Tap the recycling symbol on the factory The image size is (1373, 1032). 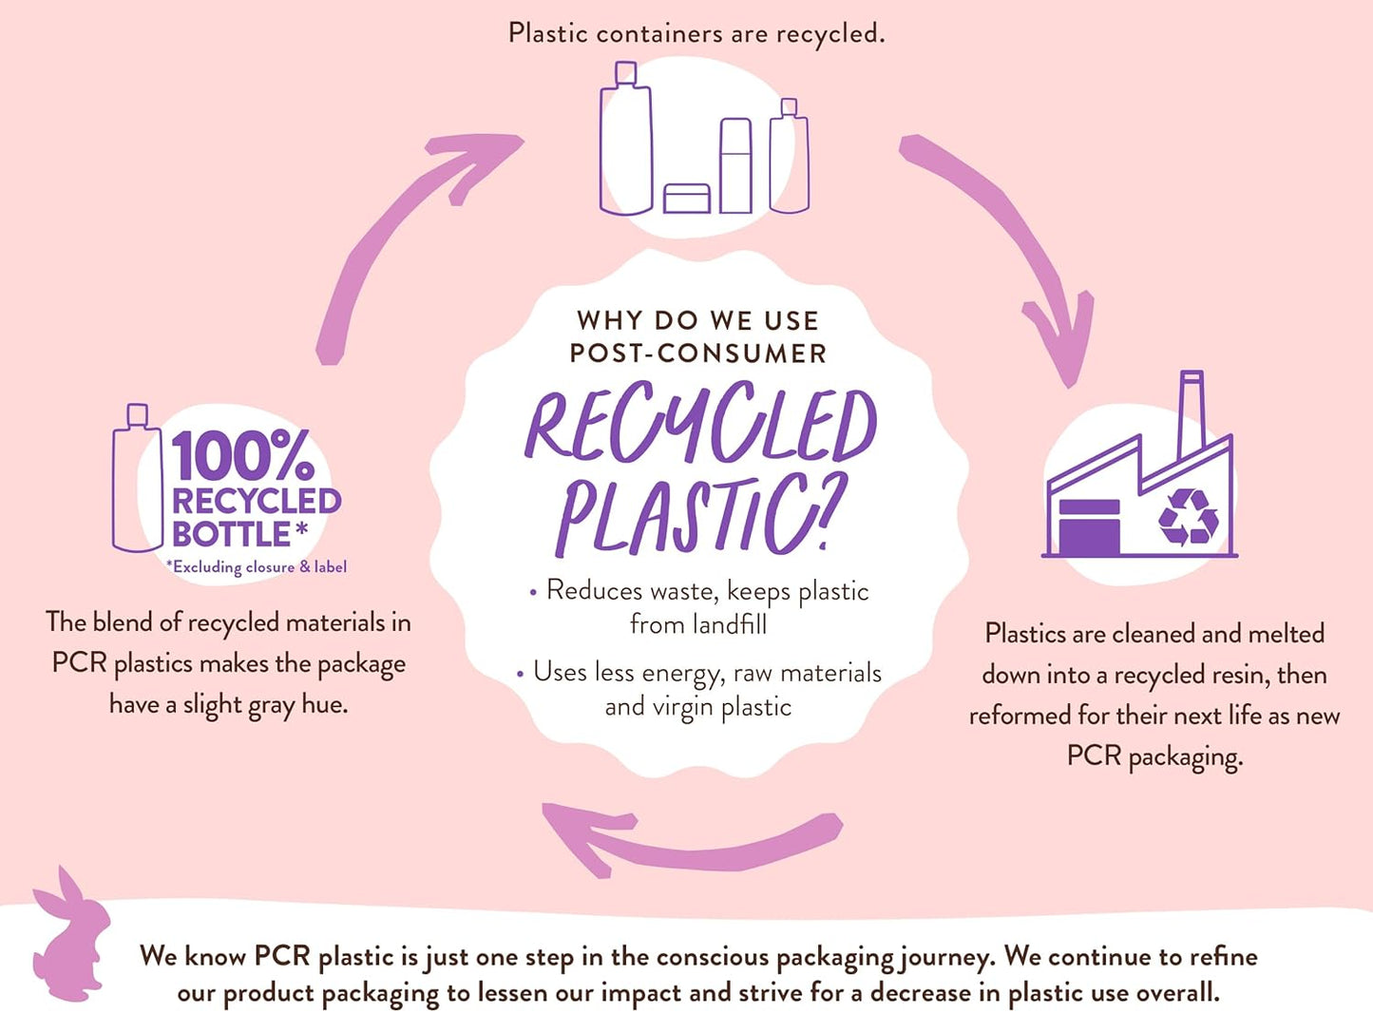(x=1188, y=517)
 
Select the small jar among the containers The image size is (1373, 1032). (x=687, y=199)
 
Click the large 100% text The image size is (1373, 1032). (x=242, y=456)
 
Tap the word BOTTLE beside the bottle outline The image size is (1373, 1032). (x=231, y=534)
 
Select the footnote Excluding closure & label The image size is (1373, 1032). (x=257, y=567)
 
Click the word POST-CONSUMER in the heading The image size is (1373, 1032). (x=698, y=354)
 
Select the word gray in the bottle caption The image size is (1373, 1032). (x=271, y=705)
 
